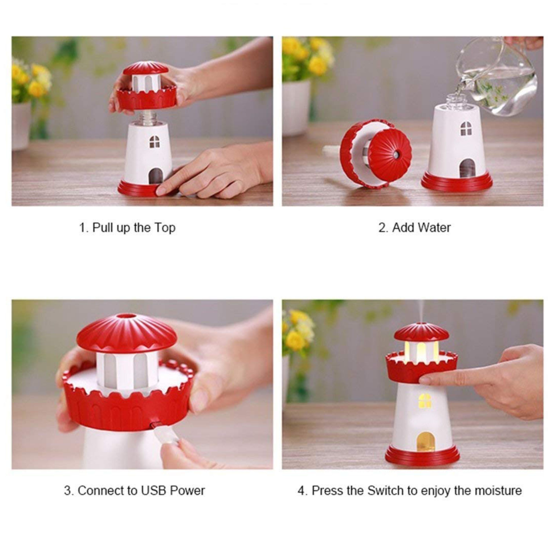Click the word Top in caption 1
[165, 228]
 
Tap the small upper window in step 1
[155, 142]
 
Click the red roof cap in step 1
[145, 68]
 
